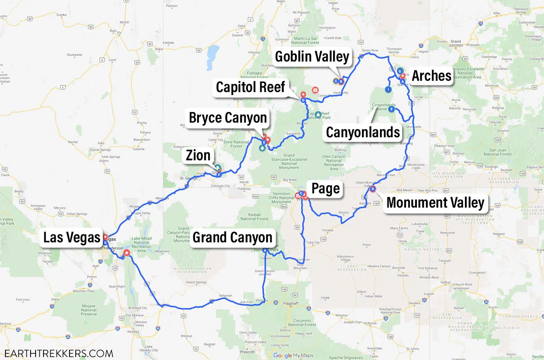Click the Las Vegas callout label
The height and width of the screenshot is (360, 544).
coord(72,237)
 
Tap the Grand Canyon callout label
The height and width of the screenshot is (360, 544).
coord(232,237)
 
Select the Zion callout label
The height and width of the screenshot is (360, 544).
coord(198,155)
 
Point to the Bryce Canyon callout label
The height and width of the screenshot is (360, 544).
coord(228,118)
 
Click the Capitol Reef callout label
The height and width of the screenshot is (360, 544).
coord(250,87)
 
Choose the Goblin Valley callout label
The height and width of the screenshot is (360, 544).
coord(312,57)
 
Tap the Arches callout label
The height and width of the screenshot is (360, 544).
coord(431,76)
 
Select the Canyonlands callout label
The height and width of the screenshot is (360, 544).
coord(363,132)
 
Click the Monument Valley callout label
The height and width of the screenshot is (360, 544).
coord(435,203)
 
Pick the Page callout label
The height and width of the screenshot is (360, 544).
coord(325,189)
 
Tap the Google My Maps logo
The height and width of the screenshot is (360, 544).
coord(293,355)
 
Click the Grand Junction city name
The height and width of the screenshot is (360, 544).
coord(455,44)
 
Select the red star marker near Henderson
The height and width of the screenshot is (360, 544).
coord(126,253)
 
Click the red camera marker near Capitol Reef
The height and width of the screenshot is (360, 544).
coord(315,90)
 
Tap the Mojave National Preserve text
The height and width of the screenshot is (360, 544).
coord(89,310)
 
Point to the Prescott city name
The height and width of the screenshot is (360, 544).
coord(247,352)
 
